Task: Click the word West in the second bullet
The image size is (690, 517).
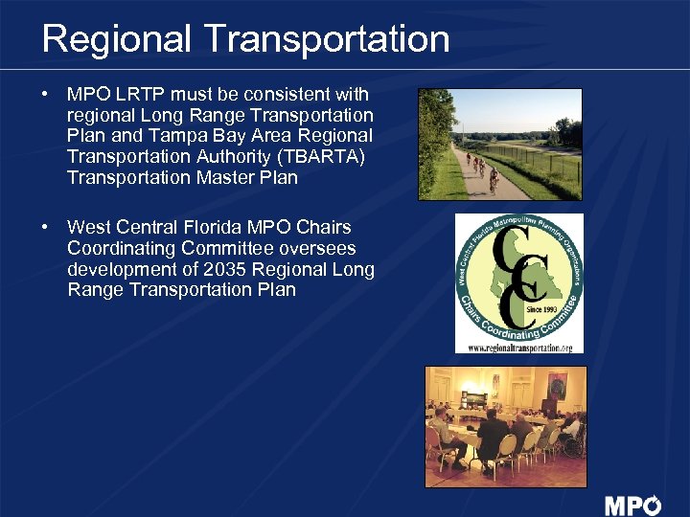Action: coord(89,227)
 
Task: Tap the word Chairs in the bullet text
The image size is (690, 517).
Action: coord(325,227)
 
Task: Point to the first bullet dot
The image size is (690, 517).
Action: coord(45,94)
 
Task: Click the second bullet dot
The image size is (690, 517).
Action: coord(45,227)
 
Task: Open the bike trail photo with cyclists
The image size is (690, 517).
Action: coord(499,144)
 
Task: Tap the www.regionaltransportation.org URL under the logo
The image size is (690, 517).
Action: coord(519,348)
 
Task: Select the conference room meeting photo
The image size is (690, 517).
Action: coord(505,425)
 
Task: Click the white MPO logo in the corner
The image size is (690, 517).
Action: coord(632,505)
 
